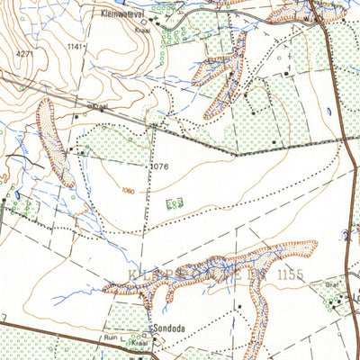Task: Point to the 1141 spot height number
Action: [x=75, y=46]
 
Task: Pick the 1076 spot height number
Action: [x=161, y=166]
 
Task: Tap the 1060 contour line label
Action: [x=131, y=191]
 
